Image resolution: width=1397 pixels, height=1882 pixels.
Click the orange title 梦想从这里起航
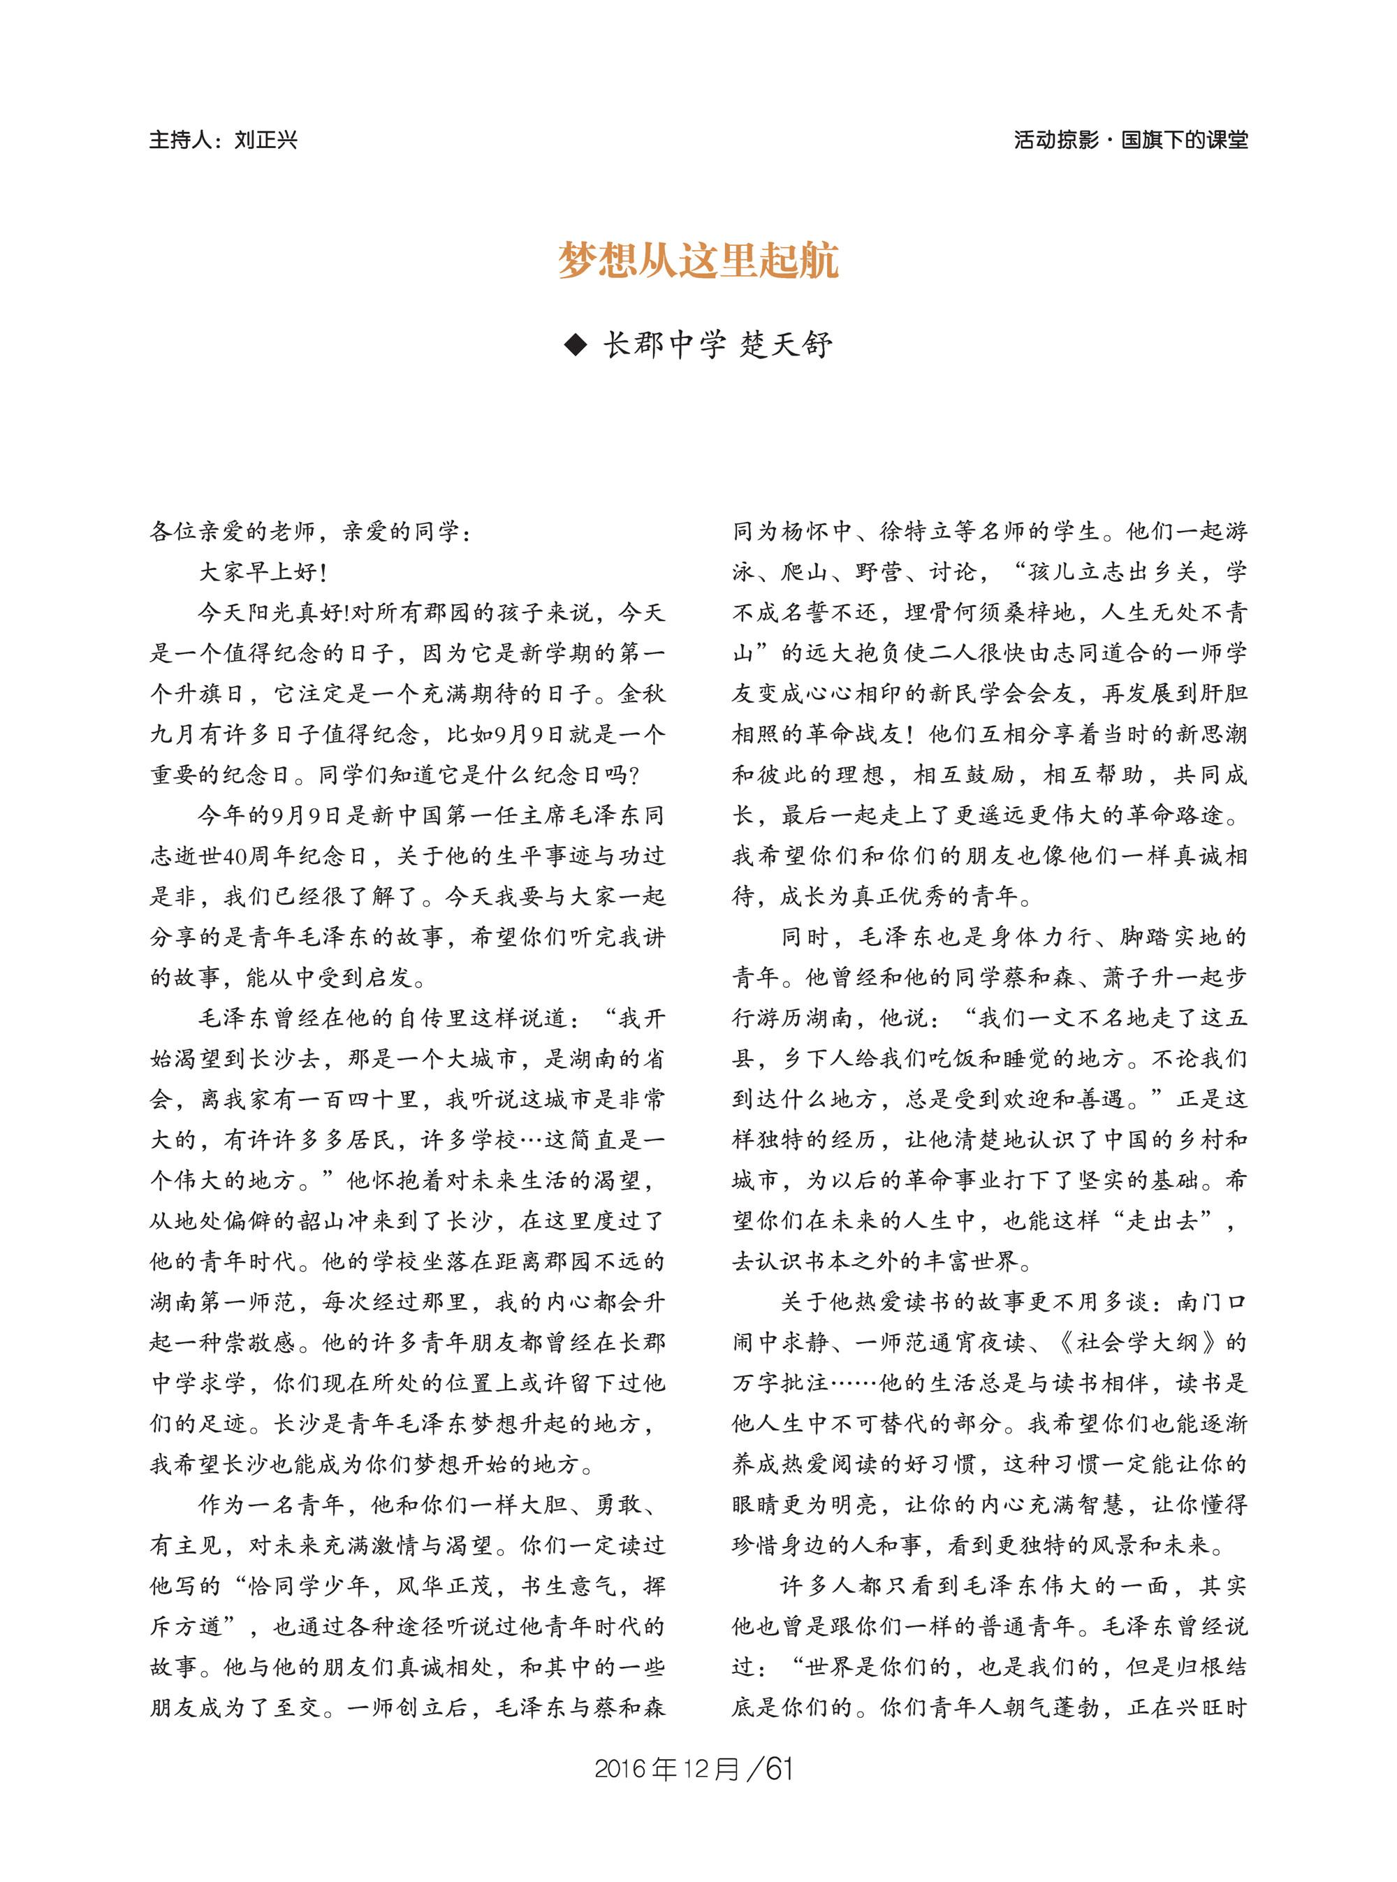click(698, 261)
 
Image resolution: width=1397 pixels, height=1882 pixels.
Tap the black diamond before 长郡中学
click(575, 345)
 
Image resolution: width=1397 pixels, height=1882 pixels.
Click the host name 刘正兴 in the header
click(265, 140)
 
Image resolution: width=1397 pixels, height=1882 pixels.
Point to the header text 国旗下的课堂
click(1184, 140)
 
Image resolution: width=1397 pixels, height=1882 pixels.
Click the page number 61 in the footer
click(779, 1769)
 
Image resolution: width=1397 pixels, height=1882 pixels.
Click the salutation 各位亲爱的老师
click(233, 531)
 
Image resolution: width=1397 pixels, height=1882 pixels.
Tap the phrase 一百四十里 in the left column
click(370, 1100)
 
